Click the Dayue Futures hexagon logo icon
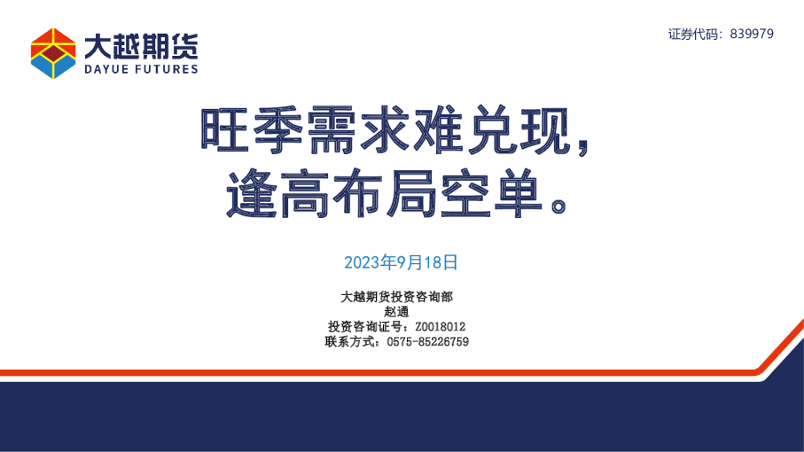pos(53,52)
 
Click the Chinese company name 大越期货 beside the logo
pos(140,45)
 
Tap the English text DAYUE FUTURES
pos(140,68)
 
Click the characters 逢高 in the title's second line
pos(277,192)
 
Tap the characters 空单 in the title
pos(492,192)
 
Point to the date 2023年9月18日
pos(401,262)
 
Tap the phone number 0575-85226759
pos(428,341)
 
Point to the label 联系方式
pos(351,341)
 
